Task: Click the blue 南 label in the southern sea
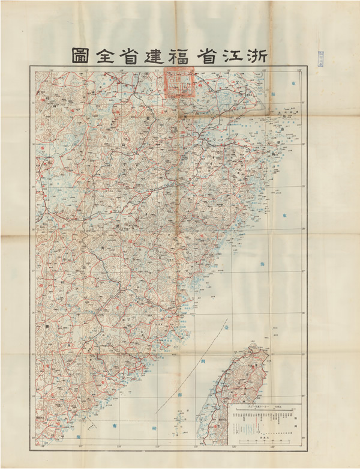[x=115, y=425]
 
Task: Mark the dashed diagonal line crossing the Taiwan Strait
[x=192, y=366]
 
